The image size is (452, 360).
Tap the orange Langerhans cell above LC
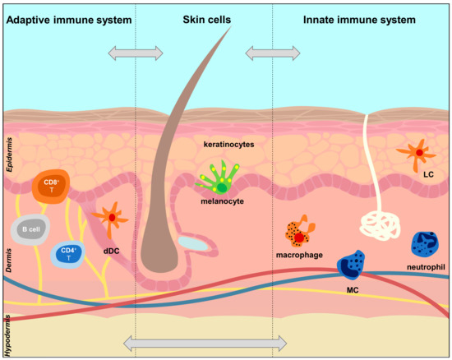(419, 152)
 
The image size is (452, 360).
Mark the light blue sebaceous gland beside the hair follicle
(193, 243)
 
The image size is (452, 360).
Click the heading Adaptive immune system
(69, 17)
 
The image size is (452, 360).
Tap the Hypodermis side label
(9, 335)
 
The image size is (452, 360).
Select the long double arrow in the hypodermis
(204, 341)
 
